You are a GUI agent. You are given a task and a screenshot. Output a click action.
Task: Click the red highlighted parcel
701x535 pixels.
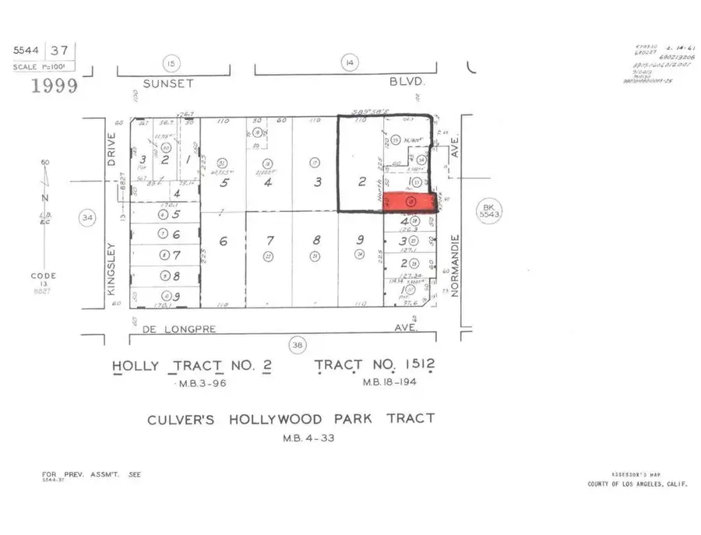(410, 201)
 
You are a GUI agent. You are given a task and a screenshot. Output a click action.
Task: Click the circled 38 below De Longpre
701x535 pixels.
(298, 345)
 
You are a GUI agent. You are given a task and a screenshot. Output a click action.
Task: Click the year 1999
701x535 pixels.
(54, 86)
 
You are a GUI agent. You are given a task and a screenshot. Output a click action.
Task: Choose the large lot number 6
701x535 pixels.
(223, 242)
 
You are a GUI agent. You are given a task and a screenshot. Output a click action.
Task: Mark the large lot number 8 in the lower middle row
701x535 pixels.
(316, 241)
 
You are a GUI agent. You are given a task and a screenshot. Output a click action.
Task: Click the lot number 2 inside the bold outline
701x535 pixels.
(361, 182)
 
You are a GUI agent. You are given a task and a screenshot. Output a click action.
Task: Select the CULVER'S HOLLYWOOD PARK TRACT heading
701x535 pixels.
(291, 419)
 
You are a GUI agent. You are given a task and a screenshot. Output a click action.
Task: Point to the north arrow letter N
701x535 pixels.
(44, 197)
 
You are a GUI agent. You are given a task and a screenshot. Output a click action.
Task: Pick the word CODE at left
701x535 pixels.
(44, 276)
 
